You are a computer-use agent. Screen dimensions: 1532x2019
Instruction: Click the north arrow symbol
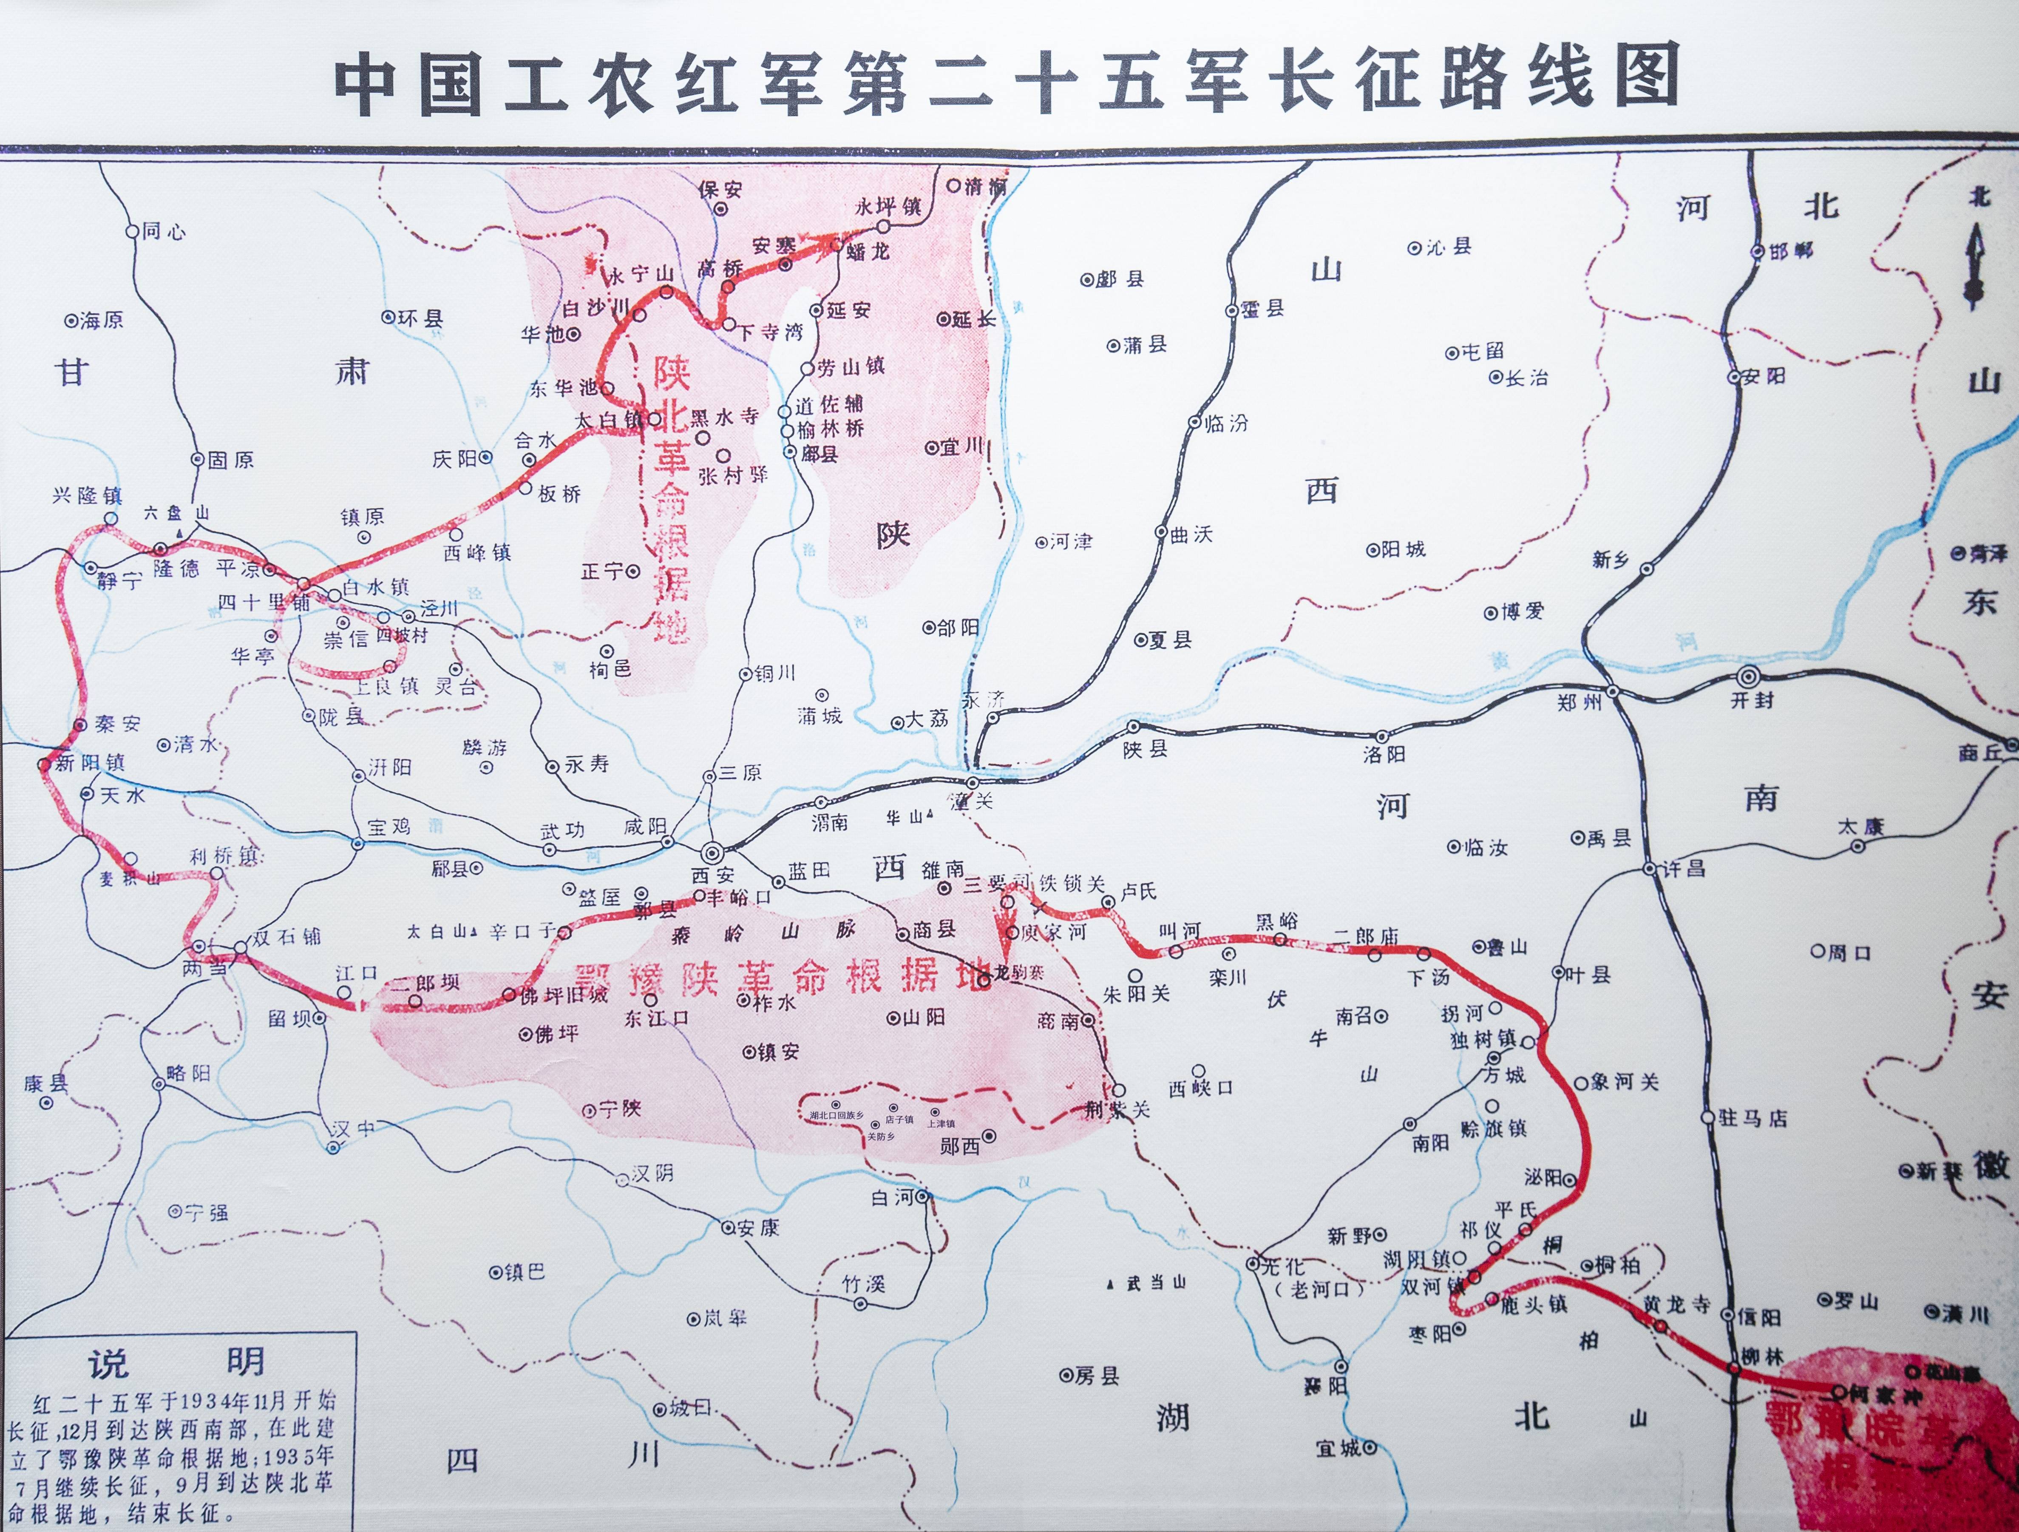[x=1974, y=265]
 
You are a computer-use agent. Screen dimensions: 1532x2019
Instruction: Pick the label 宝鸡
[x=389, y=827]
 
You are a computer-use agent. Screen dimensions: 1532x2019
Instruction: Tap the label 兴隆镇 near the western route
[x=87, y=496]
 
